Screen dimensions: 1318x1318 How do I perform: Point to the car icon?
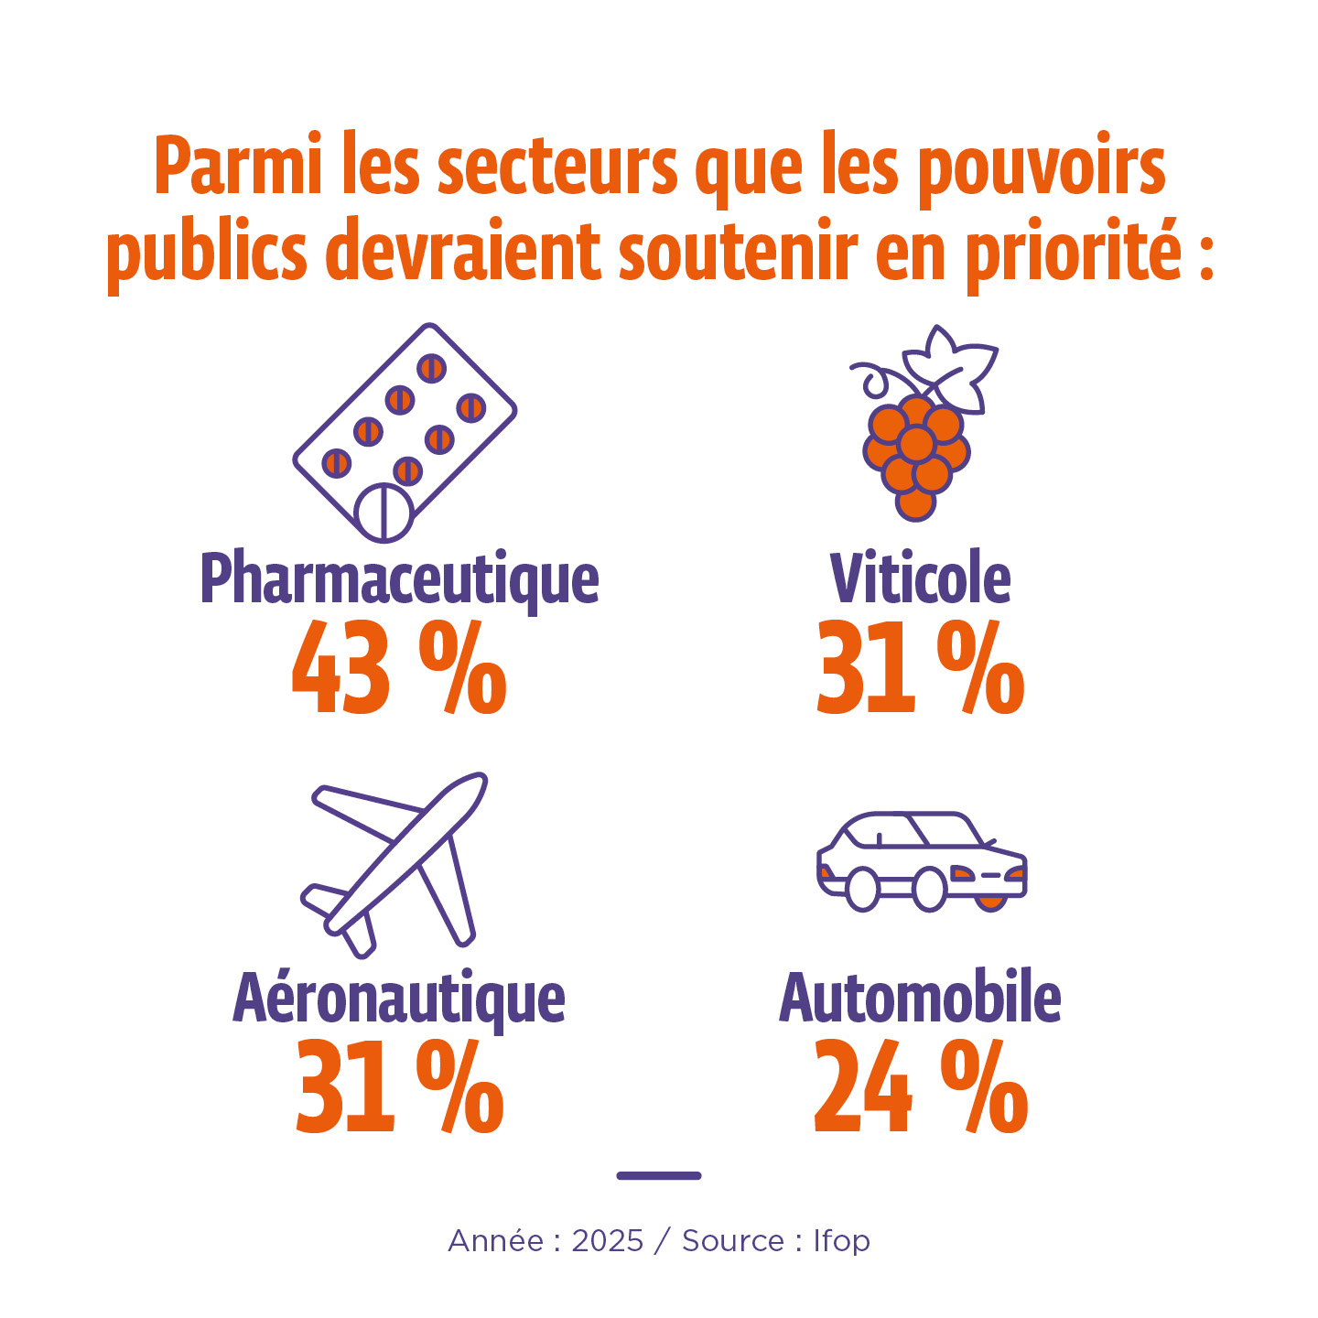(x=921, y=861)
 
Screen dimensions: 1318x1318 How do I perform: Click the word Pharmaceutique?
(x=399, y=579)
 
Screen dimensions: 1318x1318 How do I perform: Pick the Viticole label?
(x=920, y=579)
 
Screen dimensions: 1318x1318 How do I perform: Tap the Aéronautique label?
(x=399, y=999)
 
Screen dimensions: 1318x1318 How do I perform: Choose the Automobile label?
(x=920, y=999)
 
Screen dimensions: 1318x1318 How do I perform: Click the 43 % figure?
(x=399, y=669)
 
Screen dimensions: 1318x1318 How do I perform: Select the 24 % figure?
(x=920, y=1087)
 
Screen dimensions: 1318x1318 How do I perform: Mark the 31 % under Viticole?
(x=920, y=669)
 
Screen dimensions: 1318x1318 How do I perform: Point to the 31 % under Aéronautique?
(x=399, y=1087)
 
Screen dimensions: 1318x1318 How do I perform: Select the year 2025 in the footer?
(x=608, y=1241)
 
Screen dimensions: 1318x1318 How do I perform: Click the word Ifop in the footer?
(x=842, y=1241)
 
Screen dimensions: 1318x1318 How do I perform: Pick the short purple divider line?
(x=659, y=1175)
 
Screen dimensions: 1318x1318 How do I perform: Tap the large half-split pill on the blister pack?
(x=384, y=513)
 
